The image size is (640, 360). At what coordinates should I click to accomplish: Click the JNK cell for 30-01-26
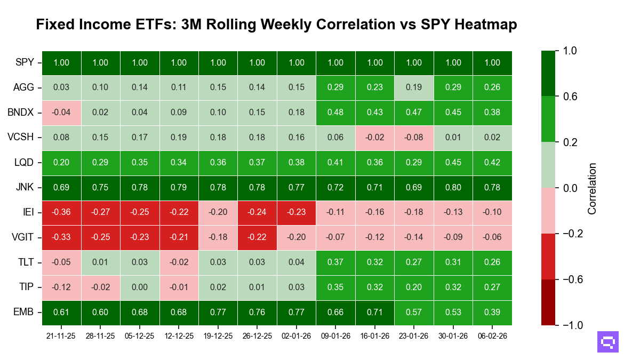453,188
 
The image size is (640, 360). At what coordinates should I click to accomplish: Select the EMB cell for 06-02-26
492,313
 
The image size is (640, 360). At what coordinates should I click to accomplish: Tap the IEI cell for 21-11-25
61,213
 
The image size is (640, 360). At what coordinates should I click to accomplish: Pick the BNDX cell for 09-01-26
335,113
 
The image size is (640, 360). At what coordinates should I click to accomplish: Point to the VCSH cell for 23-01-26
414,138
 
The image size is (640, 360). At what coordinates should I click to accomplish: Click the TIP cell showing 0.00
140,287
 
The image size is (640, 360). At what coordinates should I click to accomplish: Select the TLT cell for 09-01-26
335,262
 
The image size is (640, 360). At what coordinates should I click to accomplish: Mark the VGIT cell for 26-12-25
257,238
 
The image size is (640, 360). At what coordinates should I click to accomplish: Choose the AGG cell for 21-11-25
61,87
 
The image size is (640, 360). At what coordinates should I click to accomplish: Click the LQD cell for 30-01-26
453,163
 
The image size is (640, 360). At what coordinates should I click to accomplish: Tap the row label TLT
25,262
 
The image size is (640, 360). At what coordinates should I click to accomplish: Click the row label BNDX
21,113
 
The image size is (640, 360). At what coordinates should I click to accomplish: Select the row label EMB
24,313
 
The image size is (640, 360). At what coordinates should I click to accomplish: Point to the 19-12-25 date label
218,336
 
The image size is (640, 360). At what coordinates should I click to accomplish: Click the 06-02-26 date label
492,336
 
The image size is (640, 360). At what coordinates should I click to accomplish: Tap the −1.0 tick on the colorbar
570,325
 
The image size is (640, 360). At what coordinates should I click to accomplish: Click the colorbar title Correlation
591,188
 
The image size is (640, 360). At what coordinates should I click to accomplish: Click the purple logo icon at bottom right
608,342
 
